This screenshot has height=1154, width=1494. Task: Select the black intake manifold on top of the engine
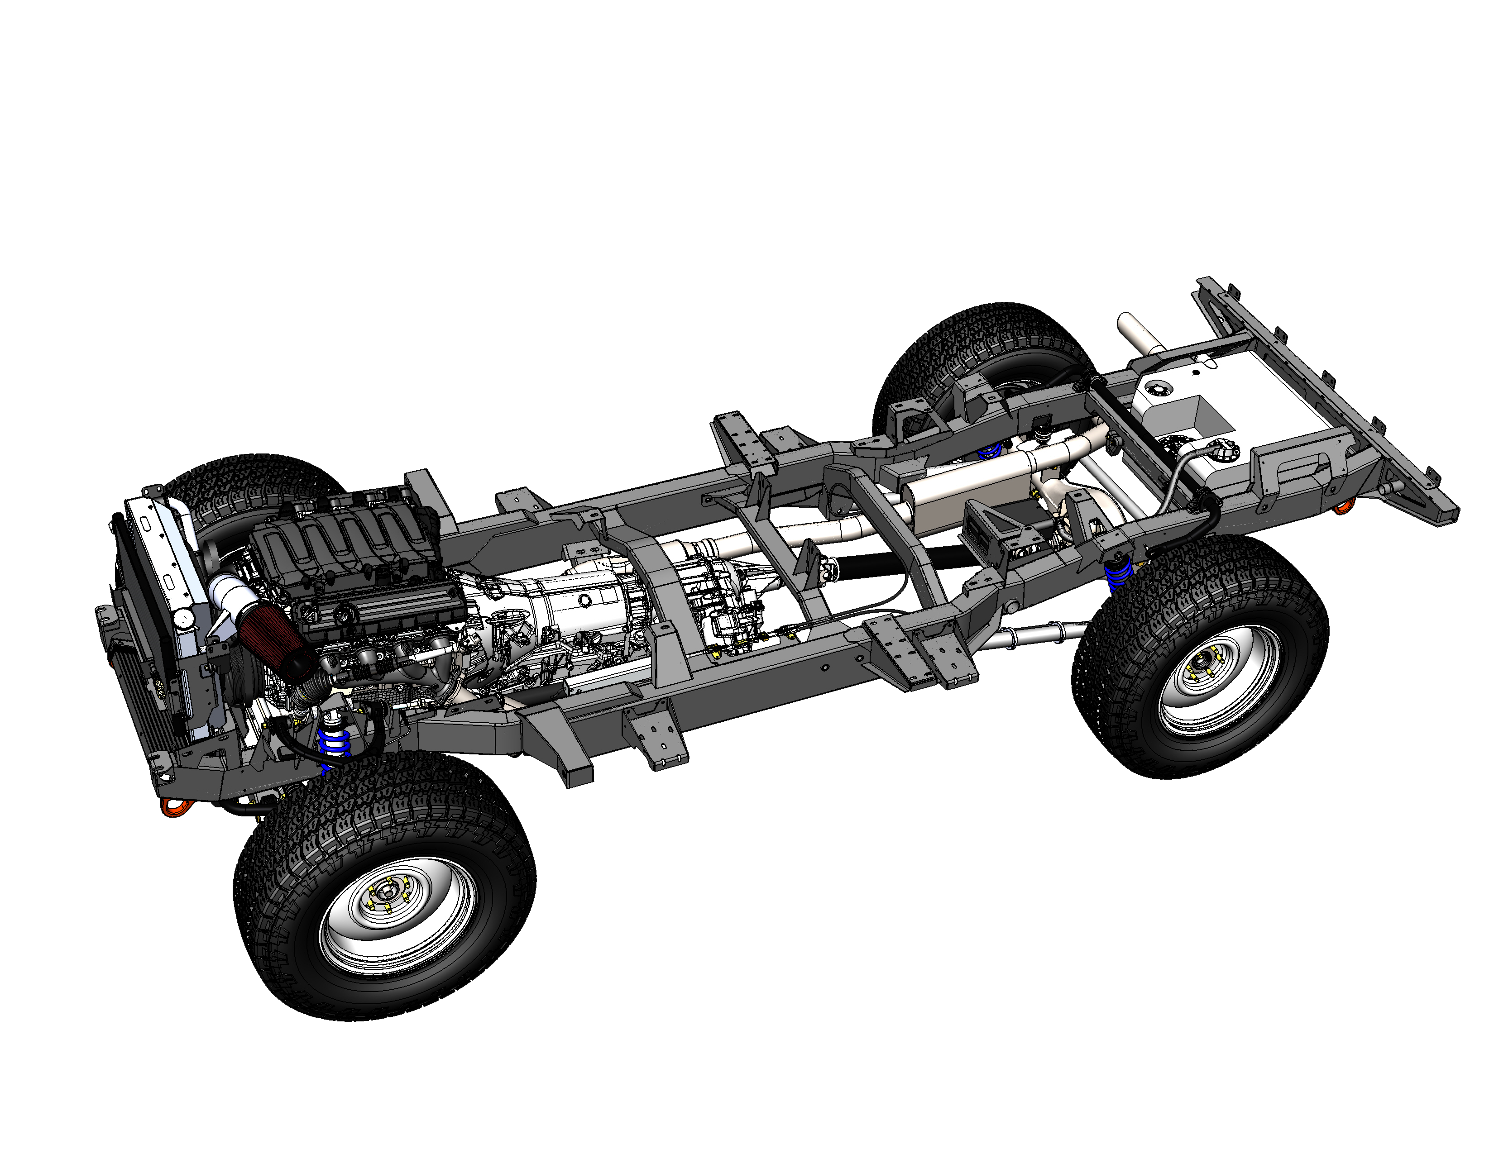pyautogui.click(x=349, y=540)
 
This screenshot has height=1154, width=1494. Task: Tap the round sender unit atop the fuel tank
pyautogui.click(x=1158, y=390)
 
